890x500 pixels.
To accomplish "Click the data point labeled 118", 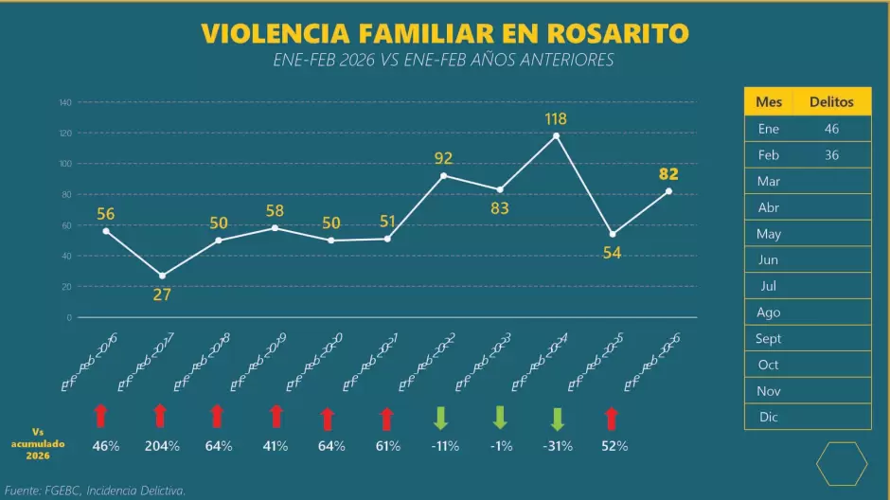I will click(x=556, y=135).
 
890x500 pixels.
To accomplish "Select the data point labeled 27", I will click(x=162, y=276).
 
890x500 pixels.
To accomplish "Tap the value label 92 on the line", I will click(x=443, y=158).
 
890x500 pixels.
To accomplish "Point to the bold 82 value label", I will click(x=668, y=173).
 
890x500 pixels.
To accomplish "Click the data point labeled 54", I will click(x=613, y=234).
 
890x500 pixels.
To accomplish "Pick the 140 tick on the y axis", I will click(x=65, y=102).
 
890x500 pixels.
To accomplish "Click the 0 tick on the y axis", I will click(x=69, y=317).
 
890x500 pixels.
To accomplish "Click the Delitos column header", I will click(x=831, y=102).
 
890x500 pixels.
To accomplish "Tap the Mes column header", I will click(x=769, y=102).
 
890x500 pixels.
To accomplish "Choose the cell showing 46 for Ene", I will click(x=831, y=129).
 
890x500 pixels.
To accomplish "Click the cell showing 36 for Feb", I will click(x=831, y=155).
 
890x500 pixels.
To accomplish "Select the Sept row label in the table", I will click(x=769, y=338).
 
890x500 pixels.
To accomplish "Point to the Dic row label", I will click(x=769, y=417).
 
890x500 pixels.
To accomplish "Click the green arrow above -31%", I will click(x=558, y=419).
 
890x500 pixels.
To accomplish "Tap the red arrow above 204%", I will click(x=160, y=416).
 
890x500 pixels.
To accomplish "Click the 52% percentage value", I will click(x=614, y=446).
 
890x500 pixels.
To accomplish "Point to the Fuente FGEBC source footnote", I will click(x=95, y=491).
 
